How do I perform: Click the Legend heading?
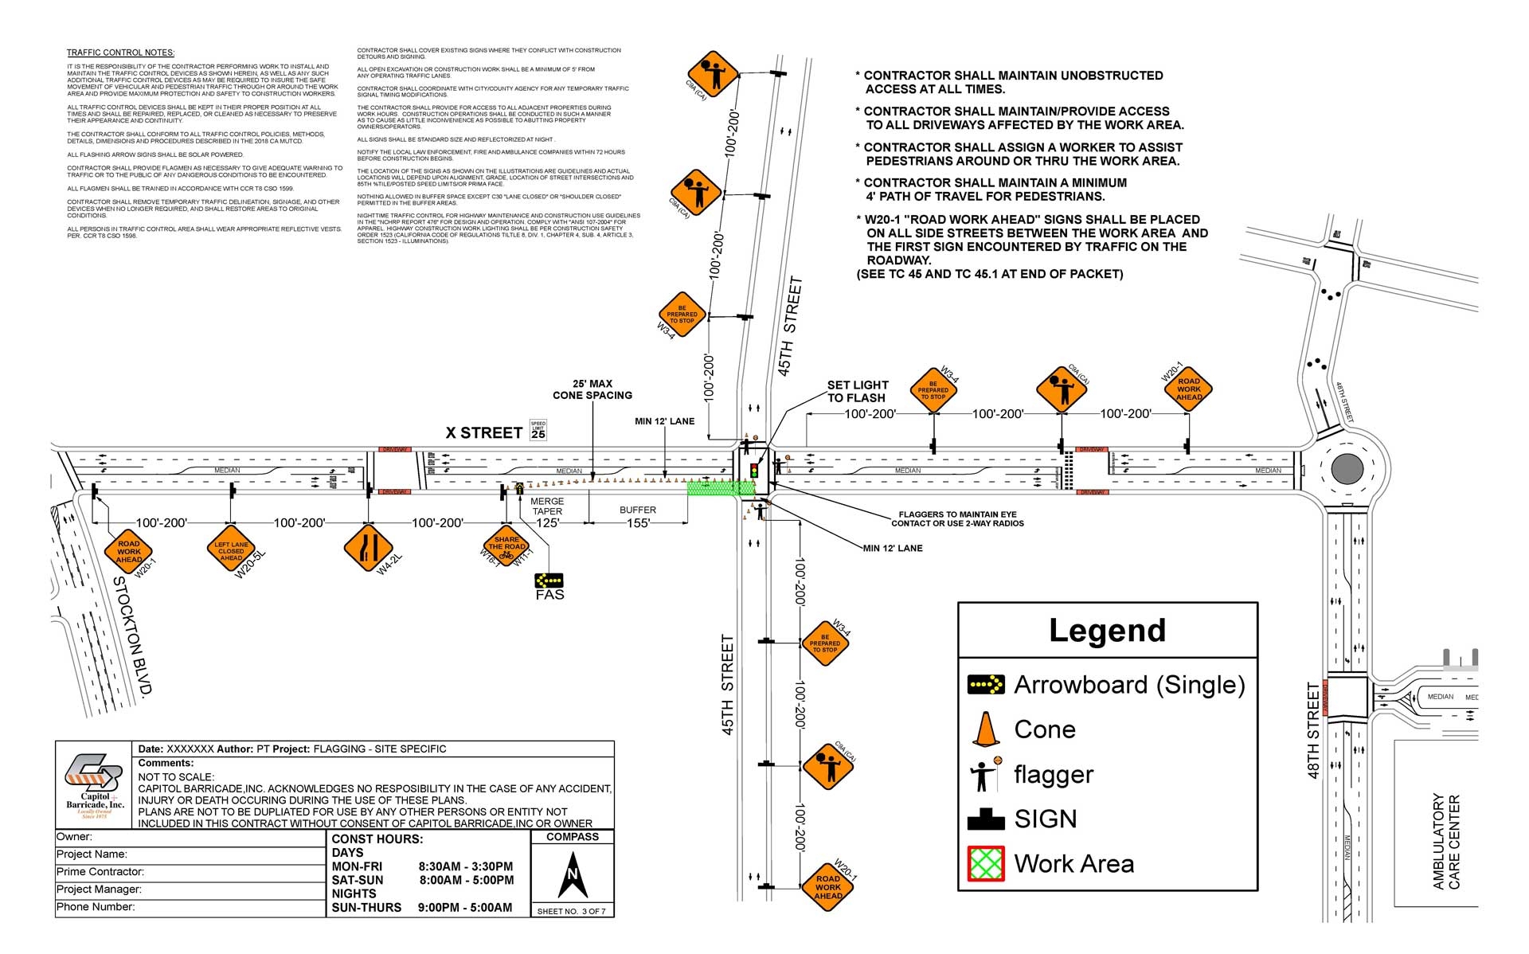1107,631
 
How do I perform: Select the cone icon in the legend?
986,729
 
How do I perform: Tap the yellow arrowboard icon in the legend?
986,685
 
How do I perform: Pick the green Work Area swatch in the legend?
986,864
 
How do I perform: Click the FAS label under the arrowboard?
549,595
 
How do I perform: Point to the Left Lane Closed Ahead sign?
231,550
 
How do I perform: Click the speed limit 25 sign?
538,431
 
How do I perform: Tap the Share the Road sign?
506,547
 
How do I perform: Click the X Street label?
483,433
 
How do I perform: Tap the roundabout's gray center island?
1347,468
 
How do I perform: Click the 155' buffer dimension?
638,523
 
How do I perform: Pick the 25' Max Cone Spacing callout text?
592,389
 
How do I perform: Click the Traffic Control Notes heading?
120,53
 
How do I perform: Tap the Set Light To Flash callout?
857,391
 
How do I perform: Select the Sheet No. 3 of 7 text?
571,911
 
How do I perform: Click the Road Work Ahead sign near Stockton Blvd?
128,551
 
